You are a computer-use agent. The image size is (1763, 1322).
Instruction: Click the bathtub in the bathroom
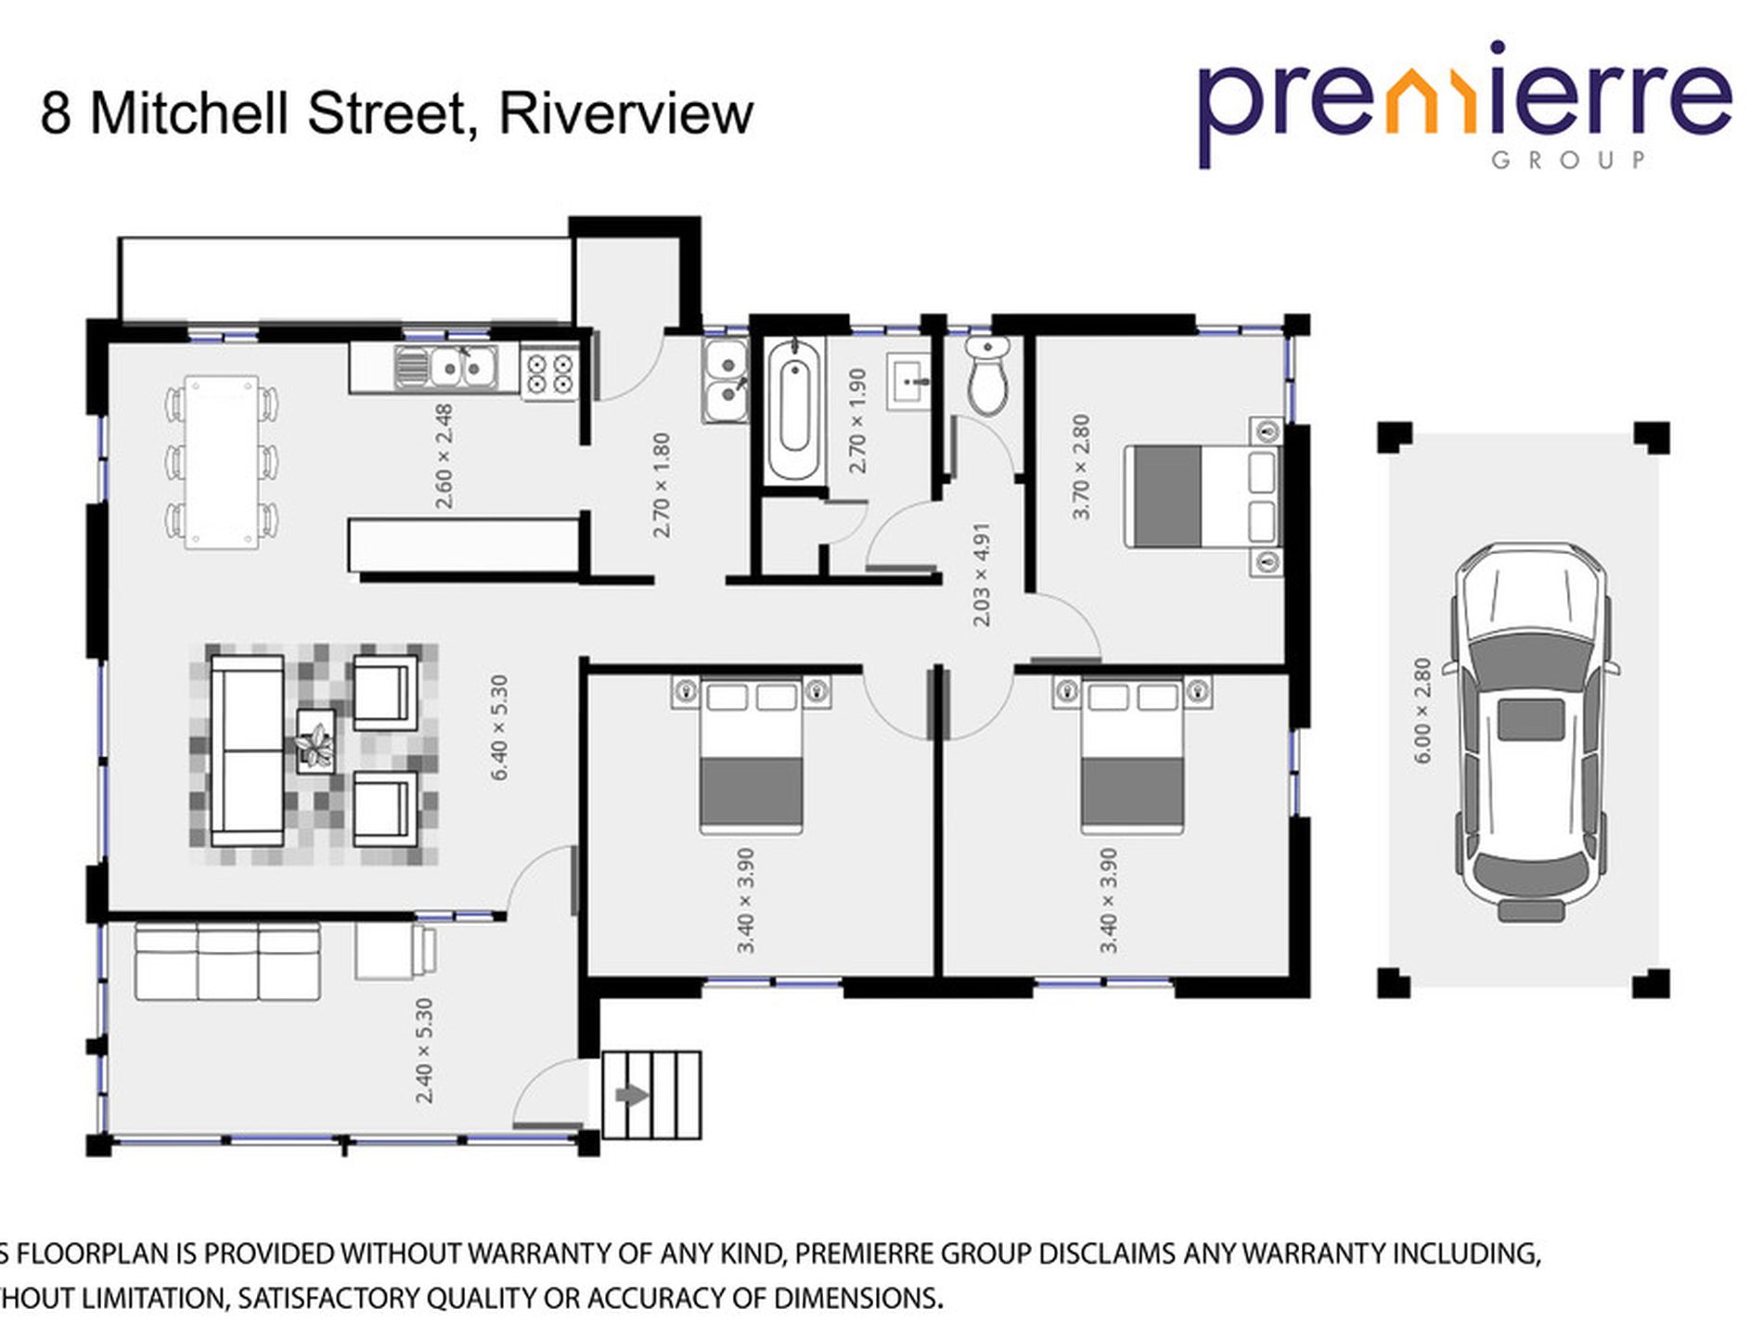click(794, 408)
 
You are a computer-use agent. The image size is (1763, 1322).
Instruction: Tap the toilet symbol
click(986, 376)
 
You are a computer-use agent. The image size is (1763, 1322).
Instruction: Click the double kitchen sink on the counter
click(447, 366)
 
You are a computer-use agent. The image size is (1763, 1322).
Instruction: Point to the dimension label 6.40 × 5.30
click(498, 727)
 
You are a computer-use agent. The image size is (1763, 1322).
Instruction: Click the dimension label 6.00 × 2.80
click(1422, 711)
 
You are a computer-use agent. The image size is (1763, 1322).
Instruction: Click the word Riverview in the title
click(625, 113)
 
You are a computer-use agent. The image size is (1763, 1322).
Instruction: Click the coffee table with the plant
click(316, 739)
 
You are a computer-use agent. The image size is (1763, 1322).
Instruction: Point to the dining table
click(222, 462)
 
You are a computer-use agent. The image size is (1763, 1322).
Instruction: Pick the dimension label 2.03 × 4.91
click(981, 574)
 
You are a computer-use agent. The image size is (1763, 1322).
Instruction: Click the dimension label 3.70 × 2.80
click(1080, 467)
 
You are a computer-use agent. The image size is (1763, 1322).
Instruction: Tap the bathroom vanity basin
click(909, 380)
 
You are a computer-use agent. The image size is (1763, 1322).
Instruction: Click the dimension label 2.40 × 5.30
click(424, 1050)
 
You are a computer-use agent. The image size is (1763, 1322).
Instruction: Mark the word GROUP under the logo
click(1567, 160)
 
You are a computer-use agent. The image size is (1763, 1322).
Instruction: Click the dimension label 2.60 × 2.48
click(444, 456)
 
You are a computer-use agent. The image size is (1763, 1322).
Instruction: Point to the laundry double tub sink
click(725, 381)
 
